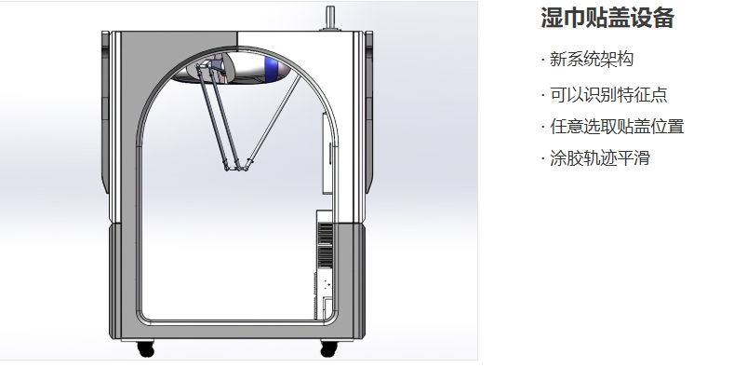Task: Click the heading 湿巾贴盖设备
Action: click(607, 18)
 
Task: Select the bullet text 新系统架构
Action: click(592, 60)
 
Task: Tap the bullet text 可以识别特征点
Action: click(608, 94)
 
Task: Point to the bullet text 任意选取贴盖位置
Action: click(617, 127)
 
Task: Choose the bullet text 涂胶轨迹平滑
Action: click(600, 158)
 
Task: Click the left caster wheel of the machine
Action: click(145, 348)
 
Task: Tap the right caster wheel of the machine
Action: click(328, 348)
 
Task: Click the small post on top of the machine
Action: click(330, 18)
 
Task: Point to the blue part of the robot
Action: click(270, 64)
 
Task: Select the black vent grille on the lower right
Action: click(326, 245)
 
